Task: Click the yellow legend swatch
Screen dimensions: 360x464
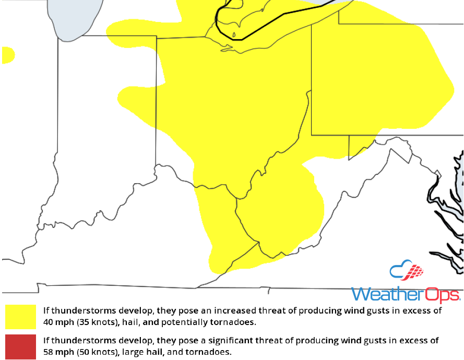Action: pos(20,317)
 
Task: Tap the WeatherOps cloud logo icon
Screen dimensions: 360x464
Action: pos(406,271)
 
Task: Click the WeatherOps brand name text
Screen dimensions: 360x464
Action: pos(406,294)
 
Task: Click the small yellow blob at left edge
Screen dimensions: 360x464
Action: pos(7,55)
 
